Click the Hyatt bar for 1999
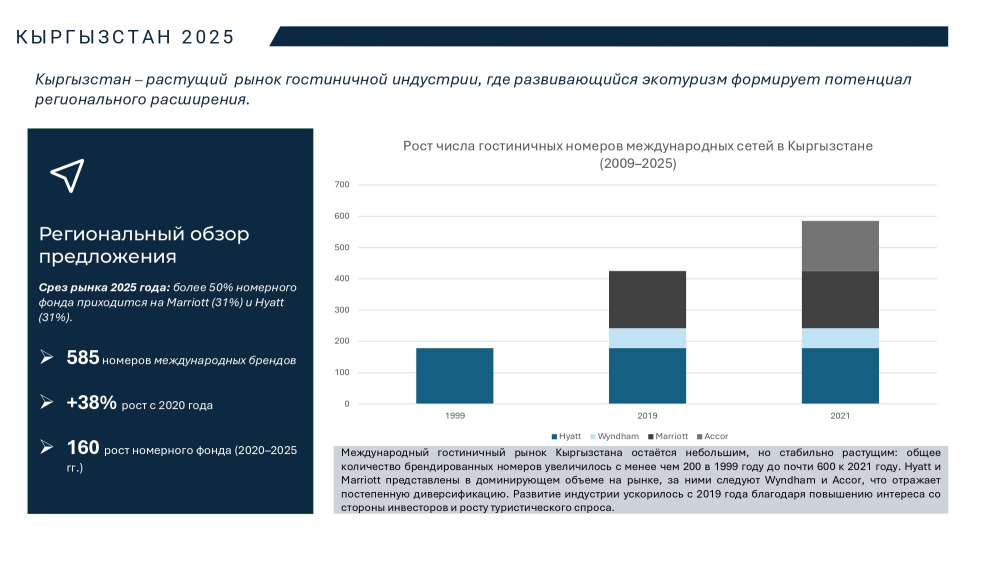click(454, 376)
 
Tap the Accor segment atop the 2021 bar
click(840, 246)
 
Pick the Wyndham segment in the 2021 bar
click(840, 338)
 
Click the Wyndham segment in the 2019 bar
click(647, 338)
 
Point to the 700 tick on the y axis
click(342, 185)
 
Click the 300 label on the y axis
click(342, 310)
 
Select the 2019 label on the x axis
click(647, 415)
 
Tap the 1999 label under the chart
click(454, 415)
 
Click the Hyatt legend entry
click(566, 437)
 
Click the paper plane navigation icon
click(67, 175)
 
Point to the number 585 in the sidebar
click(82, 358)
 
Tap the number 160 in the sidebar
click(82, 447)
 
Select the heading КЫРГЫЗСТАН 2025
click(126, 37)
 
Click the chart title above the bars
click(638, 154)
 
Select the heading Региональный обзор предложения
click(144, 245)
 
